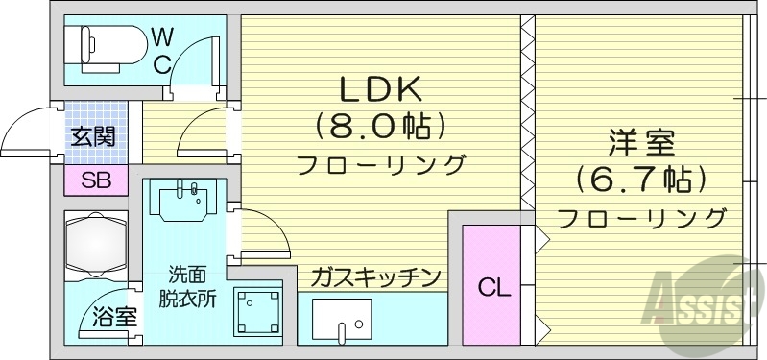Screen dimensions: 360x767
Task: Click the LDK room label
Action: click(x=379, y=88)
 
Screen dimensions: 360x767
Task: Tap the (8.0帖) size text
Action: click(x=380, y=125)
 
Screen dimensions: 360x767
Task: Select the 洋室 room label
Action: click(x=641, y=144)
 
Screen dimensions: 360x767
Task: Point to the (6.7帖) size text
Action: click(x=641, y=179)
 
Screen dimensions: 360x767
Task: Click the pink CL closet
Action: click(x=491, y=285)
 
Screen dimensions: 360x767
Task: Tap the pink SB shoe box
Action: click(x=95, y=180)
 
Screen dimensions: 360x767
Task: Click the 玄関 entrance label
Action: click(x=92, y=136)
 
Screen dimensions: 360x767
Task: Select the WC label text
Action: click(x=161, y=51)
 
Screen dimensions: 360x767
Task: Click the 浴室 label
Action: click(x=114, y=317)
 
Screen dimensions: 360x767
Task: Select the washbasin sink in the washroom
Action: click(x=188, y=200)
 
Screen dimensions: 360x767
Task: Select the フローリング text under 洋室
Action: click(x=641, y=217)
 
